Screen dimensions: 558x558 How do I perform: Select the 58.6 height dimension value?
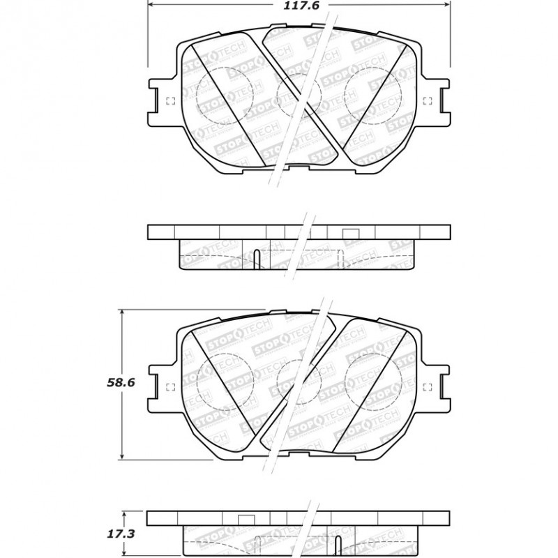[121, 382]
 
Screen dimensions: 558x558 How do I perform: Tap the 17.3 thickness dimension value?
[121, 534]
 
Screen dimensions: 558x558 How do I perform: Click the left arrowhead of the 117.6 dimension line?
[152, 4]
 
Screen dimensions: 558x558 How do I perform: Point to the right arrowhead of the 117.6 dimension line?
[446, 4]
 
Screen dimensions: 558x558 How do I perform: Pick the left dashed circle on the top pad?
[225, 96]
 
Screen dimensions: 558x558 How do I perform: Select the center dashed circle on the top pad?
[299, 96]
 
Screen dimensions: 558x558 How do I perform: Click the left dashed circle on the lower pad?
[225, 382]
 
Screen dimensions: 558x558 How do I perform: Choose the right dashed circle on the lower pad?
[373, 382]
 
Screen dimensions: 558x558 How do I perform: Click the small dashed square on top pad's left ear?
[171, 101]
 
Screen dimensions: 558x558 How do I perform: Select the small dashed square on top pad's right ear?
[427, 101]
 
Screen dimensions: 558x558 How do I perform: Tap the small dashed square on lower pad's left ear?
[171, 387]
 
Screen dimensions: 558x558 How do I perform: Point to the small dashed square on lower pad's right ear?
[427, 387]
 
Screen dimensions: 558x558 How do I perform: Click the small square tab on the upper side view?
[351, 234]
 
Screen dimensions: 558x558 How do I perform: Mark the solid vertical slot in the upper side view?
[257, 259]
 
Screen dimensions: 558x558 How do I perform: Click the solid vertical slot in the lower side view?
[338, 547]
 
